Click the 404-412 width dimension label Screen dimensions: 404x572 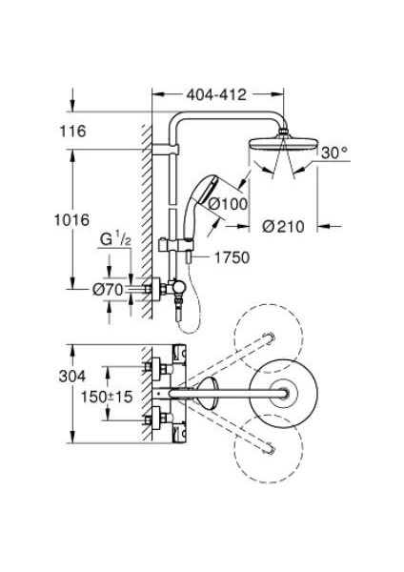pos(216,94)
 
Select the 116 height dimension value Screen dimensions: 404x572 pos(73,132)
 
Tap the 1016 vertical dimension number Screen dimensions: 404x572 pos(71,220)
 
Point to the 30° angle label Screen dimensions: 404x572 pos(334,153)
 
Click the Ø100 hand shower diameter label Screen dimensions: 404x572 pos(228,204)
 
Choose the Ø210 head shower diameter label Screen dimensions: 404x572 pos(283,227)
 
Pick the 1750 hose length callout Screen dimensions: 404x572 pos(232,257)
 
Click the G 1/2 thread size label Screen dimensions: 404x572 pos(115,239)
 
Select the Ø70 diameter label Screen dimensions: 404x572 pos(108,290)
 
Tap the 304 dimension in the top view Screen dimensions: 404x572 pos(72,377)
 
